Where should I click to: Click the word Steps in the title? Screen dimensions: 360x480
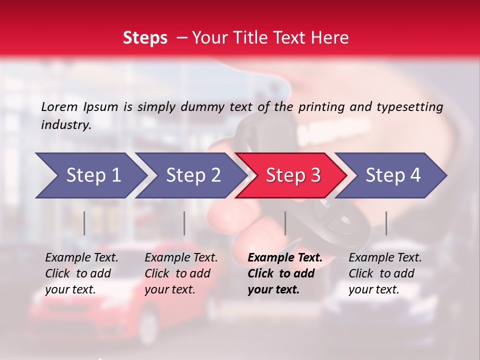coord(145,38)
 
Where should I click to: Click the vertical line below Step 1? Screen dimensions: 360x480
coord(84,223)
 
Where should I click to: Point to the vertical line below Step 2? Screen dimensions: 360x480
coord(184,223)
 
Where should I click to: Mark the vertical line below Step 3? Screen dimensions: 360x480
coord(285,223)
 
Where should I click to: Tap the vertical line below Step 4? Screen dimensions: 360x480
coord(386,223)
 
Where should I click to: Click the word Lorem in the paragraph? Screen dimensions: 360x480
coord(59,107)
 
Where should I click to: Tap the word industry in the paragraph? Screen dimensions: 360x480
coord(65,125)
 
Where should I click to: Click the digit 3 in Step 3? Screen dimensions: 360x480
coord(315,175)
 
